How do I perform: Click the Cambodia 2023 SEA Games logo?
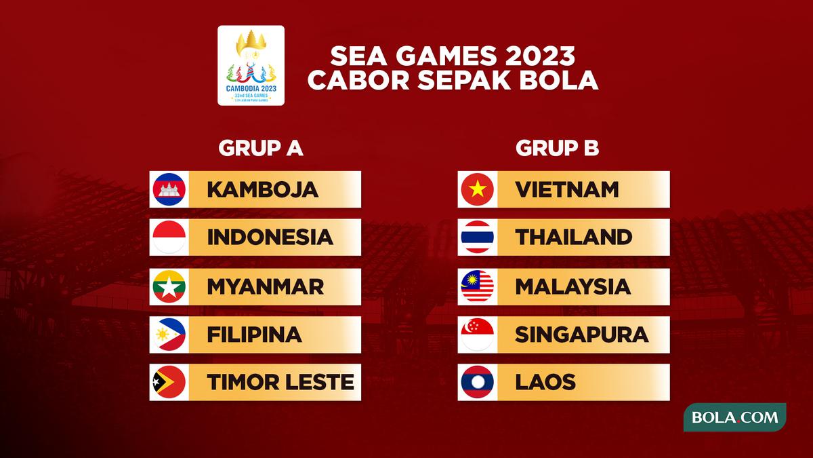tap(251, 65)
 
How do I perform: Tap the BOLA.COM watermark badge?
tap(735, 417)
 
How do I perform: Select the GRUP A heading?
tap(261, 148)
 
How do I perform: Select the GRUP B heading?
tap(557, 148)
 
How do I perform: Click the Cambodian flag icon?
tap(169, 189)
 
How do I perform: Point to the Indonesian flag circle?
tap(169, 237)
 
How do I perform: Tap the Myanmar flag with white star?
tap(169, 286)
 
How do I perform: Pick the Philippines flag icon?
tap(169, 335)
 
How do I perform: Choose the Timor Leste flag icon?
tap(169, 382)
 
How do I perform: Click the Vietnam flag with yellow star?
tap(477, 189)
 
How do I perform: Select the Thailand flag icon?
tap(477, 237)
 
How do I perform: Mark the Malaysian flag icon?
tap(477, 286)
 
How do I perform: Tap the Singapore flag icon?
tap(477, 335)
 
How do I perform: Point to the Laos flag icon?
tap(477, 382)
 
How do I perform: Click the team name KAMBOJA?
tap(262, 190)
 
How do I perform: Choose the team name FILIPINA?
tap(254, 335)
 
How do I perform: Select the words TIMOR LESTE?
tap(280, 382)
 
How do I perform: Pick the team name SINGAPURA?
tap(581, 335)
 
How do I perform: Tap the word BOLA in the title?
tap(559, 80)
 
